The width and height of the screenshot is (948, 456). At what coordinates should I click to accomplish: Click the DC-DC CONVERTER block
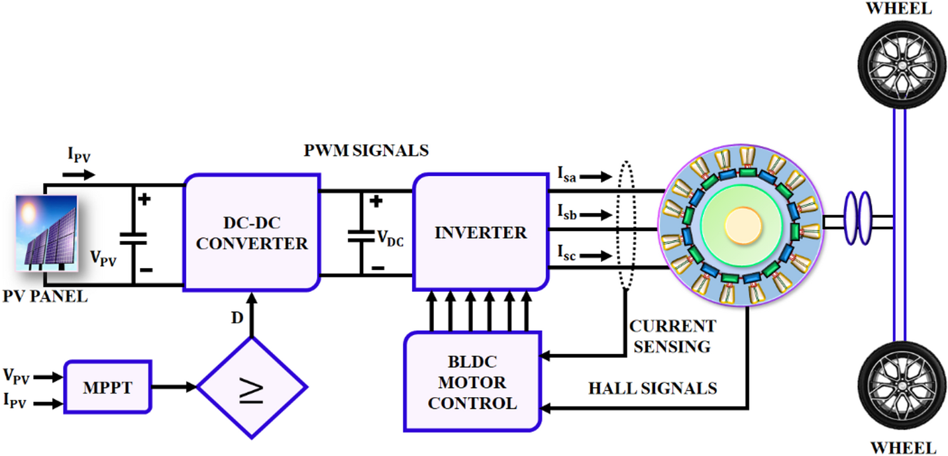252,232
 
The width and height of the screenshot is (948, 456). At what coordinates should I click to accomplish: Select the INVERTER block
480,232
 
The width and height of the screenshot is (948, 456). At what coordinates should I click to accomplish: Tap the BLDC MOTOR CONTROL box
472,383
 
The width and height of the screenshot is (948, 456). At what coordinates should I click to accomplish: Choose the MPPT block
108,387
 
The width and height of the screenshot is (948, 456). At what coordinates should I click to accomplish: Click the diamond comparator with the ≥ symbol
252,387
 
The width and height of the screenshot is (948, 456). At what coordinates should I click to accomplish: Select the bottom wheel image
900,392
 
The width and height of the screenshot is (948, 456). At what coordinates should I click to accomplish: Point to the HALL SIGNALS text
653,388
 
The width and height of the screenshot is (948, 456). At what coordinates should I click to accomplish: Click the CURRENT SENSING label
672,336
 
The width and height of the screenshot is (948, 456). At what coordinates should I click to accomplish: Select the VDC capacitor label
390,238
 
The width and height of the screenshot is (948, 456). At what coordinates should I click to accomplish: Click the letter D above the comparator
237,318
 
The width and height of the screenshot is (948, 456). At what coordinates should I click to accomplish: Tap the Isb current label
566,213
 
